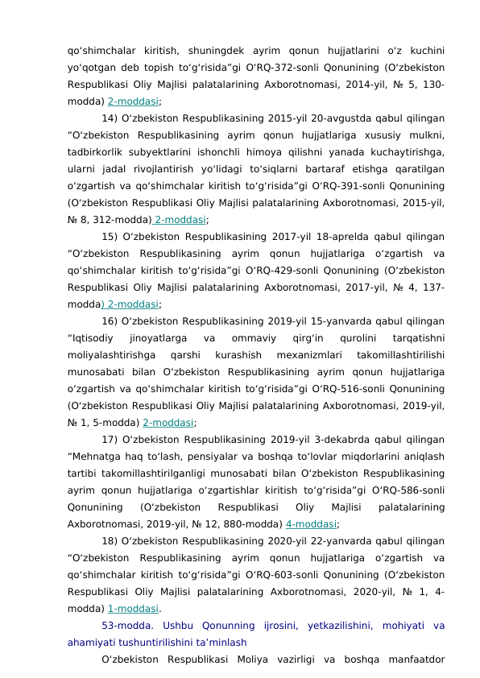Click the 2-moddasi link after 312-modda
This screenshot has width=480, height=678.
pyautogui.click(x=181, y=218)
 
